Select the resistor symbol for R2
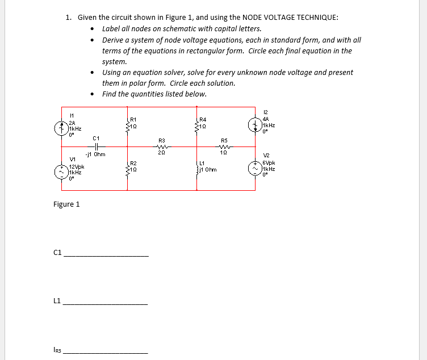pos(128,169)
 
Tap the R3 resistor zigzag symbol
pos(162,145)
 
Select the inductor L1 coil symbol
pos(198,169)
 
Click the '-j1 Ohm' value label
pos(94,154)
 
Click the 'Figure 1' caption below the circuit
pos(66,204)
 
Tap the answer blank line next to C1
pos(106,256)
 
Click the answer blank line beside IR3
pos(106,353)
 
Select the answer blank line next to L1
pos(106,304)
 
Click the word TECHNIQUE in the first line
pos(317,17)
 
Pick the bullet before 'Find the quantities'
pos(93,94)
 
